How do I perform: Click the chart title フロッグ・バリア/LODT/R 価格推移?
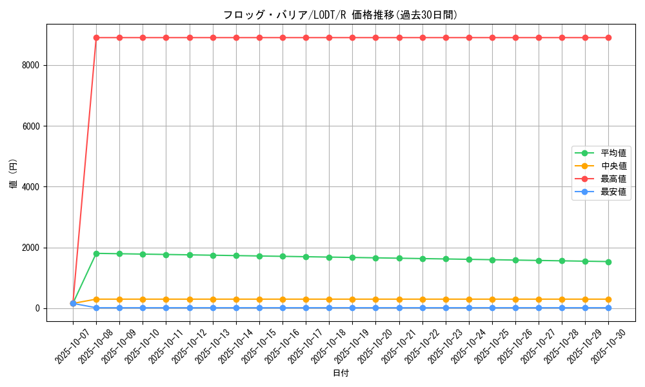(x=340, y=15)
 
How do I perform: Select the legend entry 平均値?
(x=613, y=153)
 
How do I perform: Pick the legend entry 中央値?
(x=613, y=166)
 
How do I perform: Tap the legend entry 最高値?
(x=613, y=179)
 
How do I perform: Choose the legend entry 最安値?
(x=613, y=192)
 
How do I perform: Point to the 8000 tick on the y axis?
(x=30, y=65)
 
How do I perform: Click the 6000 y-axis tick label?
(x=30, y=126)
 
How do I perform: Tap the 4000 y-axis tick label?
(x=30, y=187)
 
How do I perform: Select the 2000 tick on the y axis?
(x=30, y=248)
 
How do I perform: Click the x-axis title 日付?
(x=340, y=373)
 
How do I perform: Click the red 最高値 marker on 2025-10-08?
(x=96, y=37)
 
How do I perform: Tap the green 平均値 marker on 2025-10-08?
(x=96, y=253)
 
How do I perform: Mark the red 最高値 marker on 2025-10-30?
(x=608, y=37)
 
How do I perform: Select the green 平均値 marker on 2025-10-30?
(x=608, y=261)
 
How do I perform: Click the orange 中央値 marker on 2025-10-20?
(x=375, y=299)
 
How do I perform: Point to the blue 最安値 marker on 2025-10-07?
(x=73, y=303)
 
